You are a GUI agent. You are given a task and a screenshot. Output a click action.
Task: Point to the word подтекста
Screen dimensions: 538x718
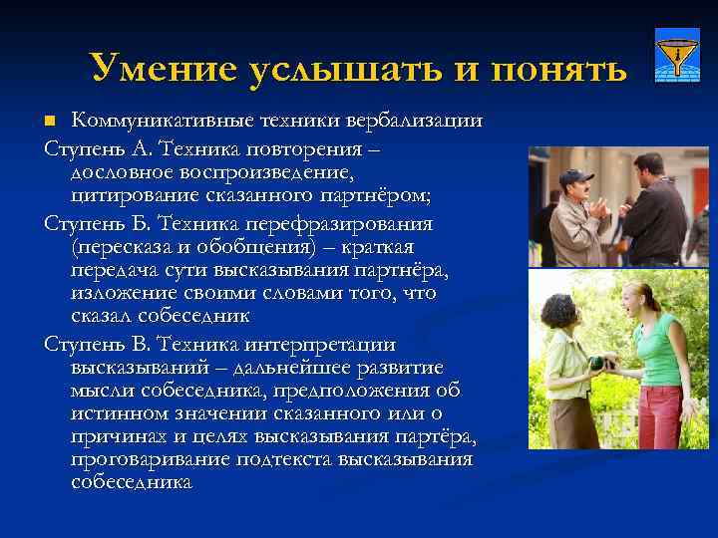click(284, 459)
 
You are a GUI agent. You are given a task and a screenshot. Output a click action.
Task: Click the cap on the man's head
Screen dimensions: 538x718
click(575, 176)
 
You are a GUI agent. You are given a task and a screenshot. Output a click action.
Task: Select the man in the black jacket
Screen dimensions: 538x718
click(654, 214)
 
